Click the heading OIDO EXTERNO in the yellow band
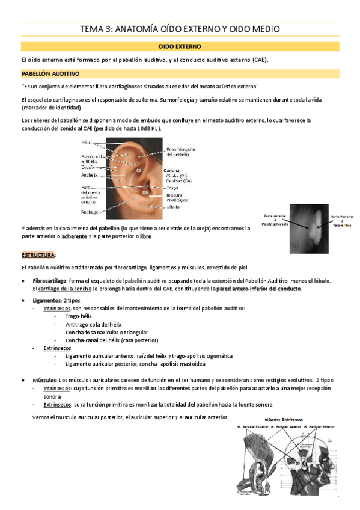point(179,46)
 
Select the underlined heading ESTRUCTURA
point(38,254)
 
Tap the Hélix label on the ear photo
point(87,142)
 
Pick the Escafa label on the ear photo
point(88,167)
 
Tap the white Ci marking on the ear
point(138,171)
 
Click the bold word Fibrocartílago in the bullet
point(49,281)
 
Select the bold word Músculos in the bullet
point(44,381)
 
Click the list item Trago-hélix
point(79,315)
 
